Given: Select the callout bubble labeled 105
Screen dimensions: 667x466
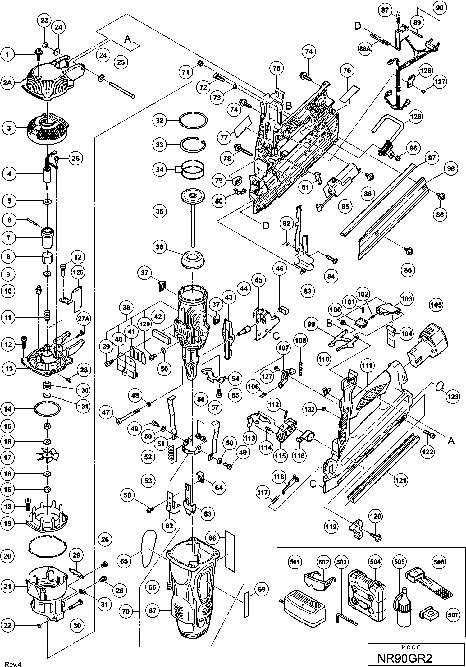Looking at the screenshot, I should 436,305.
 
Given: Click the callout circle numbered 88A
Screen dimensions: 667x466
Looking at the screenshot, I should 366,50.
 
